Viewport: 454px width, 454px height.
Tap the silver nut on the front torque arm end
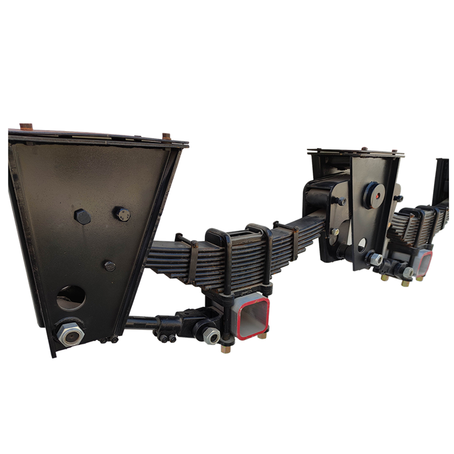[212, 337]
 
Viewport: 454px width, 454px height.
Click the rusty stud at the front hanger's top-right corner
[166, 136]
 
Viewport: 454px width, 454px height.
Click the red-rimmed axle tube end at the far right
[424, 262]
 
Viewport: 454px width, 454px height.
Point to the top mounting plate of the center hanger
[356, 153]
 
